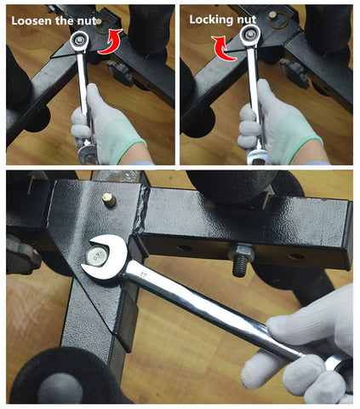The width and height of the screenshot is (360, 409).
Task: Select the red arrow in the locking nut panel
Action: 224,49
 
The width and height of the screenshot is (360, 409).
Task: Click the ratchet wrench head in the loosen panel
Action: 79,42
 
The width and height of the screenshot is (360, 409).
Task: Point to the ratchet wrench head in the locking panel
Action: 250,35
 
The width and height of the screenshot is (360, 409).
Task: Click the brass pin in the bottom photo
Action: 109,199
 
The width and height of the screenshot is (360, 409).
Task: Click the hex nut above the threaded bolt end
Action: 241,251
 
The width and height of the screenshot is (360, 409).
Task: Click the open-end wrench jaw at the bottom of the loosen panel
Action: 88,154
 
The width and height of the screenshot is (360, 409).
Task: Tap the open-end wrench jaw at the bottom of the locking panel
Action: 258,157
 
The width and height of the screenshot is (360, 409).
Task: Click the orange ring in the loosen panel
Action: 103,26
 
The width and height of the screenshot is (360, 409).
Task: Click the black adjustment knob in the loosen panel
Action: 121,72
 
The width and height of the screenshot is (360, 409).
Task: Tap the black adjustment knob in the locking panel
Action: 294,73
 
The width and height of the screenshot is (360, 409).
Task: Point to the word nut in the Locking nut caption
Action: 246,20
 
